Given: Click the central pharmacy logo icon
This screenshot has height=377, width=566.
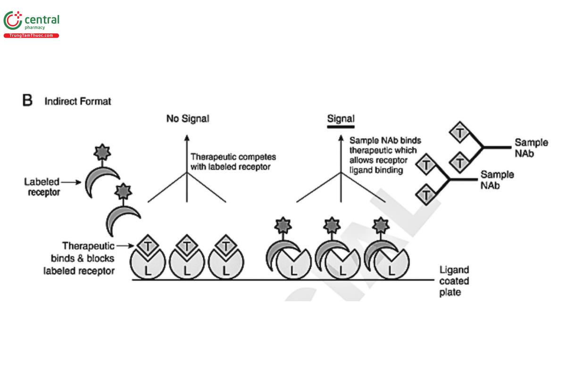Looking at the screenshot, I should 13,21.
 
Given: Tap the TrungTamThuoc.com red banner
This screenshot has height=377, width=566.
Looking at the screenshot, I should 31,36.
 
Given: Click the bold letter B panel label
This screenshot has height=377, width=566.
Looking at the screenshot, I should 27,101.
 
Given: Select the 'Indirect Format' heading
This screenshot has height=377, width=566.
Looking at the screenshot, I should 78,101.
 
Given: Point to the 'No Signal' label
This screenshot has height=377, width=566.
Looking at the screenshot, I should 187,119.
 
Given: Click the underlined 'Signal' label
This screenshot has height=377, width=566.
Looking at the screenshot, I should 341,119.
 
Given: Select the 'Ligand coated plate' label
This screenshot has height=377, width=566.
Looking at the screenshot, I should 454,281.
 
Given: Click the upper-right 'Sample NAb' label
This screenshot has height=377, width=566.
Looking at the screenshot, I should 531,147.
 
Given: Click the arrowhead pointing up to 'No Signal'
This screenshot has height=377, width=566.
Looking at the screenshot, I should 187,138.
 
